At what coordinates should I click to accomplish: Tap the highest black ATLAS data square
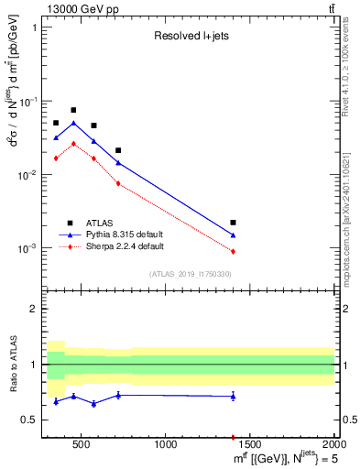click(x=73, y=110)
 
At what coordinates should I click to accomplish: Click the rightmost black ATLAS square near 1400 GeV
click(x=234, y=223)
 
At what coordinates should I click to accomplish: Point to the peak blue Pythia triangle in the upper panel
click(x=73, y=123)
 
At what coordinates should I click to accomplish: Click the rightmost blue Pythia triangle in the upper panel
click(x=234, y=235)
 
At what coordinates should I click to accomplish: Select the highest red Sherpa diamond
click(x=73, y=143)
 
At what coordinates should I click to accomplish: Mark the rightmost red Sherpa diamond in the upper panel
click(x=234, y=251)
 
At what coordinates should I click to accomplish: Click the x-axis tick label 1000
click(x=166, y=446)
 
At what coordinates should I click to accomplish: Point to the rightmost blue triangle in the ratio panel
click(x=234, y=396)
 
